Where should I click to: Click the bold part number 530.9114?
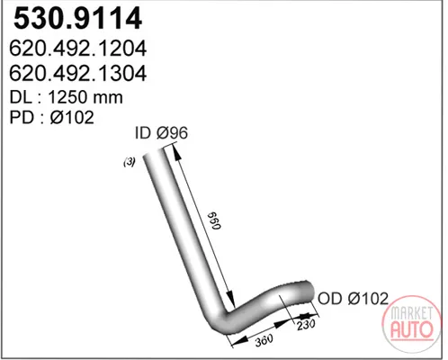point(77,18)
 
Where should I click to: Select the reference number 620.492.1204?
point(78,49)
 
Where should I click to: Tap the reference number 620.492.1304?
point(78,73)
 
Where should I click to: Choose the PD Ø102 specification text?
point(52,117)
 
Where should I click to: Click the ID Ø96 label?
point(161,133)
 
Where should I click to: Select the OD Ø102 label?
point(353,299)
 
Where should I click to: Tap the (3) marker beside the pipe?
point(130,162)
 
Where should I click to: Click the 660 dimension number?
point(215,221)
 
